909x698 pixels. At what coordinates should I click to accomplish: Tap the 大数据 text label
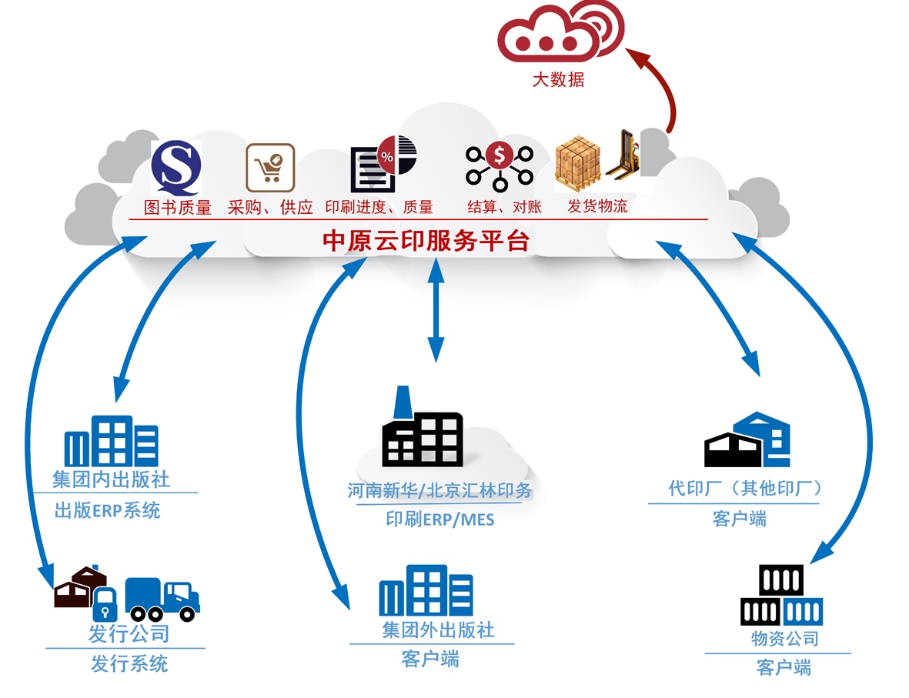pos(559,79)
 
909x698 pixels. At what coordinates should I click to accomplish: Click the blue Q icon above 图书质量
pos(176,165)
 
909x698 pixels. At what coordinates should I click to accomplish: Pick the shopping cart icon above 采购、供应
pos(270,167)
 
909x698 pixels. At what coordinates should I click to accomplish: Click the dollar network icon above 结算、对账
pos(499,165)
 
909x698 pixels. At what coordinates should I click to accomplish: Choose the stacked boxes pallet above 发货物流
pos(579,164)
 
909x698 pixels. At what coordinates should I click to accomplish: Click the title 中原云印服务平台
pos(426,241)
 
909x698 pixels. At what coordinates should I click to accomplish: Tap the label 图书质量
pos(178,208)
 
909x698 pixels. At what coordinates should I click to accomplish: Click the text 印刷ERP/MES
pos(439,520)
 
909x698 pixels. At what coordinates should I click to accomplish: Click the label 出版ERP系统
pos(108,510)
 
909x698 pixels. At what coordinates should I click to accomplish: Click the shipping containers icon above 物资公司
pos(781,596)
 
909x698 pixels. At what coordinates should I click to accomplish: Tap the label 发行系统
pos(129,663)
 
